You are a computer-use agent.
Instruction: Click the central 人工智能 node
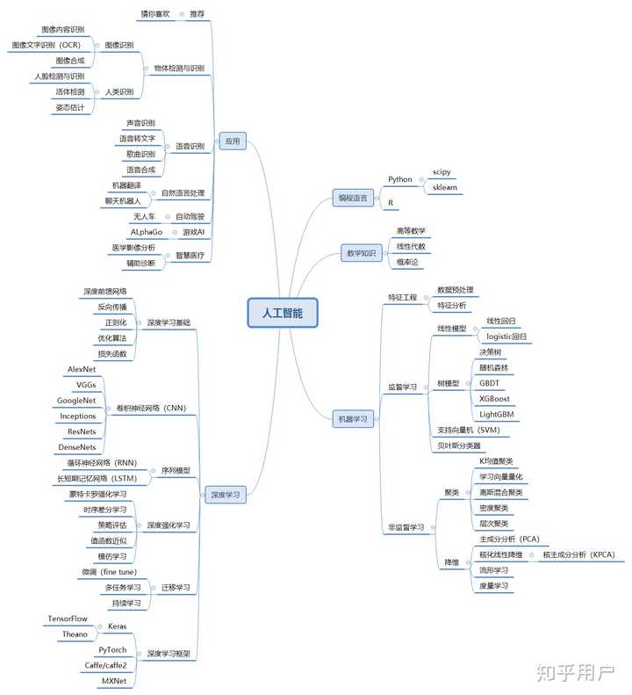[283, 313]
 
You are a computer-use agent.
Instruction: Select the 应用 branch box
[233, 141]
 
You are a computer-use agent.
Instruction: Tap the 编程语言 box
[353, 198]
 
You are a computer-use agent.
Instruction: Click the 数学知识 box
[362, 253]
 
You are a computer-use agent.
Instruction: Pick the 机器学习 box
[353, 419]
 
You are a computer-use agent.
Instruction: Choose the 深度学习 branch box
[226, 495]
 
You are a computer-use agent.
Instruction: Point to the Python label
[400, 179]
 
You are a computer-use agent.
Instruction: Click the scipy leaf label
[442, 172]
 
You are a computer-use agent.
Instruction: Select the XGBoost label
[494, 399]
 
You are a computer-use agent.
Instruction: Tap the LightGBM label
[497, 415]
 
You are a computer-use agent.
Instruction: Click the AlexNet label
[82, 369]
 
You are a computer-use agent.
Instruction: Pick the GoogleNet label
[76, 401]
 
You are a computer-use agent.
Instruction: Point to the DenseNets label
[77, 447]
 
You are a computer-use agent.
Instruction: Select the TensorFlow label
[68, 619]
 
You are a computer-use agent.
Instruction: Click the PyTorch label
[112, 650]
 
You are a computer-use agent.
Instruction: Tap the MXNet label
[114, 681]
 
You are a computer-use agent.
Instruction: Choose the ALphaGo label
[147, 232]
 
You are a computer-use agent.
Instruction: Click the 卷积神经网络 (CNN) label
[151, 408]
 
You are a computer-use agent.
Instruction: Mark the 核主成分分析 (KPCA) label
[578, 554]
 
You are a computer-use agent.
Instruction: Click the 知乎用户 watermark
[576, 673]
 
